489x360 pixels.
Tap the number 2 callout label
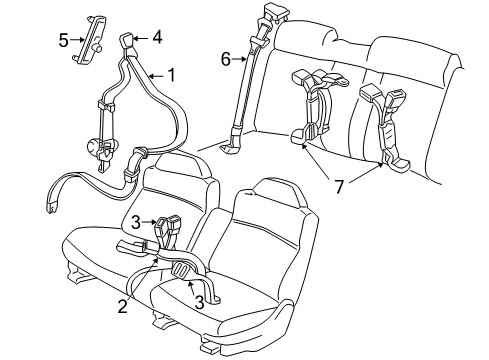pyautogui.click(x=123, y=307)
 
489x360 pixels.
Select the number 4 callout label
pyautogui.click(x=156, y=37)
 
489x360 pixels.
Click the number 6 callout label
pyautogui.click(x=225, y=60)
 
